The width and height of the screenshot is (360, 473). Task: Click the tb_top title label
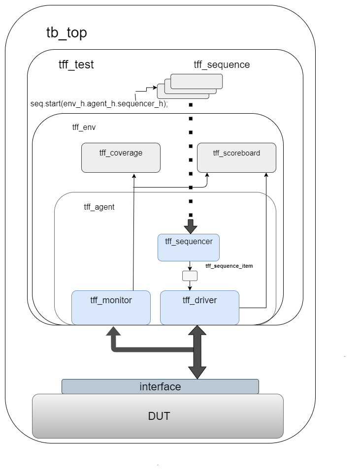[66, 33]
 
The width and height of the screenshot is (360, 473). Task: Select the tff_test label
[76, 64]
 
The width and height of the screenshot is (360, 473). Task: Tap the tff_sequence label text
[222, 64]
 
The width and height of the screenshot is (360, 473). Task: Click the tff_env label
[84, 127]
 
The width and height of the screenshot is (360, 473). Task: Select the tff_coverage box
[121, 158]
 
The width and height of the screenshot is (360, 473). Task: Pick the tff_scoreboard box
[236, 158]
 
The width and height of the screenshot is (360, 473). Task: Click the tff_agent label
[99, 207]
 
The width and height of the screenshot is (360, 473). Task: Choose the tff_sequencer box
[188, 247]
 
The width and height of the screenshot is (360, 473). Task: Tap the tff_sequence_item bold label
[229, 266]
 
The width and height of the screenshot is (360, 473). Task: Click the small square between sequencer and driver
[190, 276]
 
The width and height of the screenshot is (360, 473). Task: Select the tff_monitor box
[111, 308]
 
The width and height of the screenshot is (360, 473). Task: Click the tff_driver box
[199, 308]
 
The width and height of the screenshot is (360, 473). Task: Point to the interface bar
[160, 386]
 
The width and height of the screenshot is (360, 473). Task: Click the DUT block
[158, 416]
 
